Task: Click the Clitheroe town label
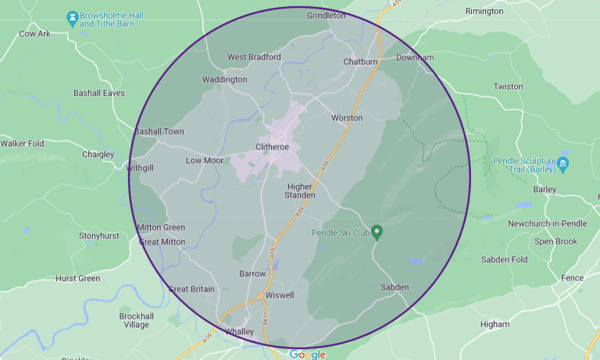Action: [273, 147]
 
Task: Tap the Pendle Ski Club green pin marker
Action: [377, 232]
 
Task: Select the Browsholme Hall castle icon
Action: [73, 16]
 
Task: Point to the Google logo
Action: [307, 355]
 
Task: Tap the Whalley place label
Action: [239, 332]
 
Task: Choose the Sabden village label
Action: [395, 287]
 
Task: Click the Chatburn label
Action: [360, 62]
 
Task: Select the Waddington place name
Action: [224, 80]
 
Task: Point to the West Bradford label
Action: [253, 57]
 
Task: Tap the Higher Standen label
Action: [301, 191]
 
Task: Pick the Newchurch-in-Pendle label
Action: [546, 223]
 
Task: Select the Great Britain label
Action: [191, 289]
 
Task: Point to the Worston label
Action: [347, 118]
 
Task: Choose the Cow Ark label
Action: [34, 34]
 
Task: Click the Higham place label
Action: [495, 324]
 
